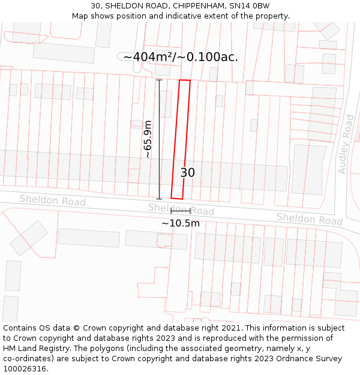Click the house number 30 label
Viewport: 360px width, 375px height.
(x=188, y=173)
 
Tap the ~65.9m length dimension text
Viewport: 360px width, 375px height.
(x=147, y=139)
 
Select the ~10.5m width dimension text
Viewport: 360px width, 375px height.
(x=181, y=223)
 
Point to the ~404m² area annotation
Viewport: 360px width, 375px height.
(x=180, y=57)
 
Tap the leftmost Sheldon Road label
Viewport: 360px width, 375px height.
(x=52, y=200)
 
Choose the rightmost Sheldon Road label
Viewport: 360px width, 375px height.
(x=309, y=220)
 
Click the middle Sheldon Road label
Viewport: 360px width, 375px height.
(x=181, y=209)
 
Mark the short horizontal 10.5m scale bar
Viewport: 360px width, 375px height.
(x=181, y=211)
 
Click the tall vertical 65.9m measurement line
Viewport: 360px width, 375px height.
(x=159, y=139)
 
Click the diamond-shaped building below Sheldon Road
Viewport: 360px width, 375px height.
(x=29, y=238)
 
